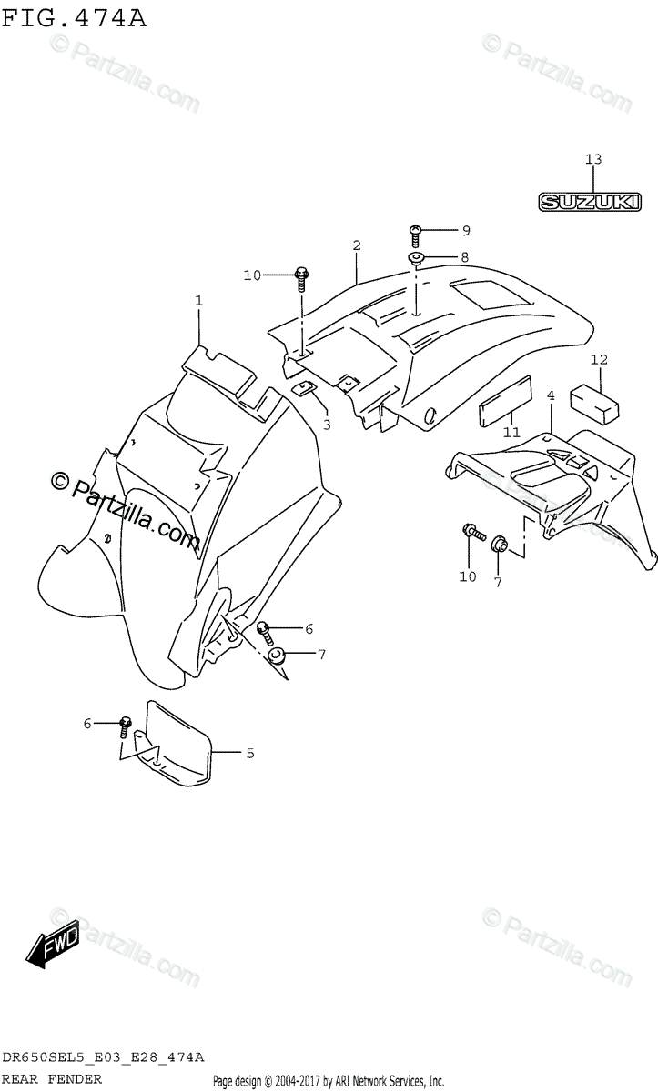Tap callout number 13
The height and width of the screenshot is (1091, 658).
click(x=592, y=160)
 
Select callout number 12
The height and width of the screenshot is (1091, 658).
click(x=598, y=360)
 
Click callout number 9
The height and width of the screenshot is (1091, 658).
click(x=440, y=230)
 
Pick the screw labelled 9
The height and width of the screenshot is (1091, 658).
click(x=415, y=233)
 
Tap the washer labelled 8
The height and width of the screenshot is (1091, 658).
click(x=416, y=260)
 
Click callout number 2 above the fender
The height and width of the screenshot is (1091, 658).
click(x=357, y=245)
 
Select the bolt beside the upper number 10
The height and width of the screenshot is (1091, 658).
click(x=302, y=275)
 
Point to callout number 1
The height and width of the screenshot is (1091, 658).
click(x=198, y=300)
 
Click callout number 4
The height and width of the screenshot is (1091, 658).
click(x=550, y=395)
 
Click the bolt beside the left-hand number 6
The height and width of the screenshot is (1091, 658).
click(x=126, y=725)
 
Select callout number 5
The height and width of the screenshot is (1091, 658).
click(x=249, y=753)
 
